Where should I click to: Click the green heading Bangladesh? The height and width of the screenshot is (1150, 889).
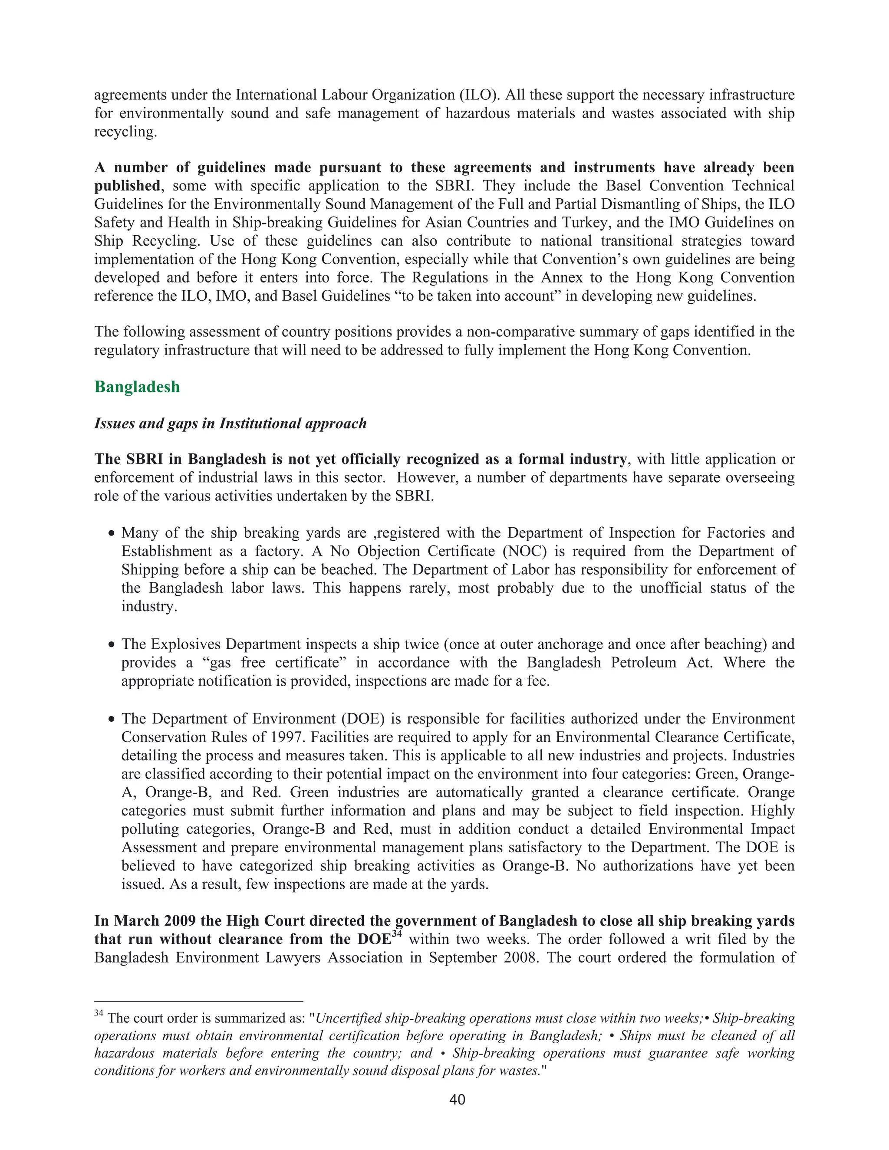tap(137, 387)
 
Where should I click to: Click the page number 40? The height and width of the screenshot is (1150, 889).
tap(457, 1100)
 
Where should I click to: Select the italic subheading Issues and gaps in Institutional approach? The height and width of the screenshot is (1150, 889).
tap(230, 424)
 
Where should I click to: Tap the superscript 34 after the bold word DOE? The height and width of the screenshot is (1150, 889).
tap(398, 935)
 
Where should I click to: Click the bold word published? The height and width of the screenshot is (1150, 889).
tap(127, 186)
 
